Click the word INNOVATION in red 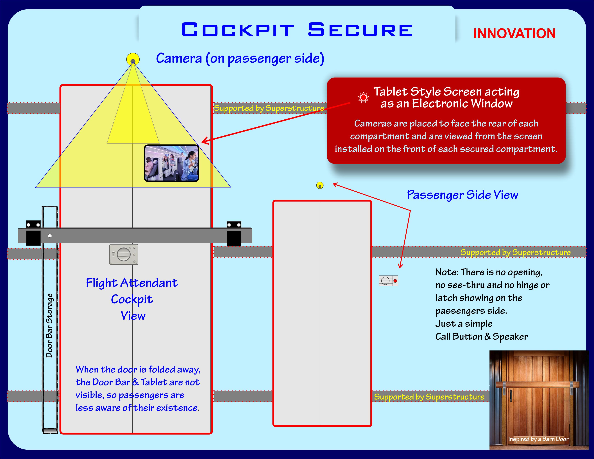(x=514, y=34)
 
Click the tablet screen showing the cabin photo (x=172, y=163)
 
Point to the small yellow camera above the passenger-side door (x=320, y=185)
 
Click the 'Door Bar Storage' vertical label (x=49, y=326)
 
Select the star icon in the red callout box (x=363, y=97)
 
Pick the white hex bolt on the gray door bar (x=50, y=236)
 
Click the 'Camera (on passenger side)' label (x=240, y=58)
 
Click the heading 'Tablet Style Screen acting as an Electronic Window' (x=446, y=97)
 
